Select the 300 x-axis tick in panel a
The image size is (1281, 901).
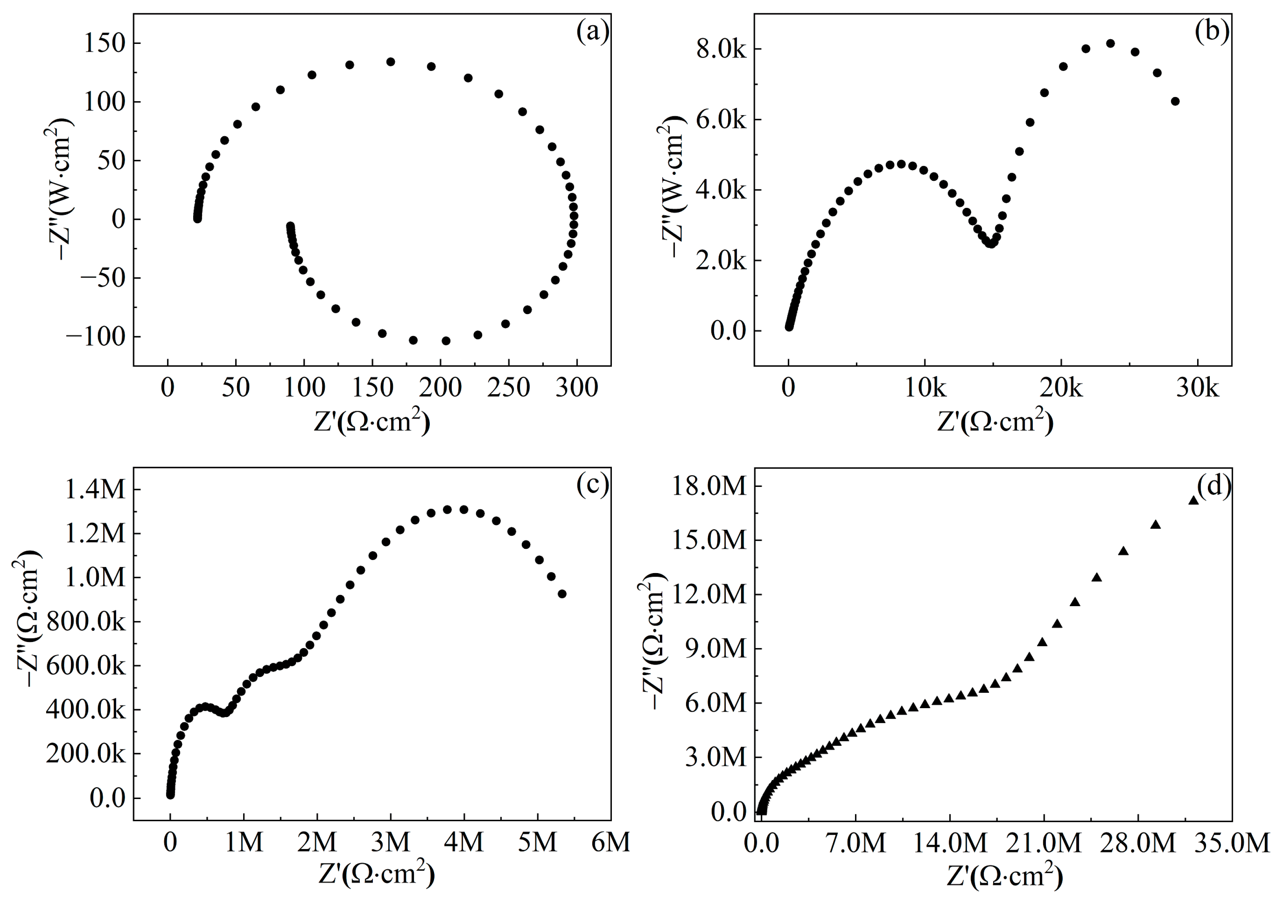(577, 387)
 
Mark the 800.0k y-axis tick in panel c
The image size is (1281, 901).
(87, 622)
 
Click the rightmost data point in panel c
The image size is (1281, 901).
(562, 594)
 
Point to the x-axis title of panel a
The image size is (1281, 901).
(372, 422)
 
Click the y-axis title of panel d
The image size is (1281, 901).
(654, 642)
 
